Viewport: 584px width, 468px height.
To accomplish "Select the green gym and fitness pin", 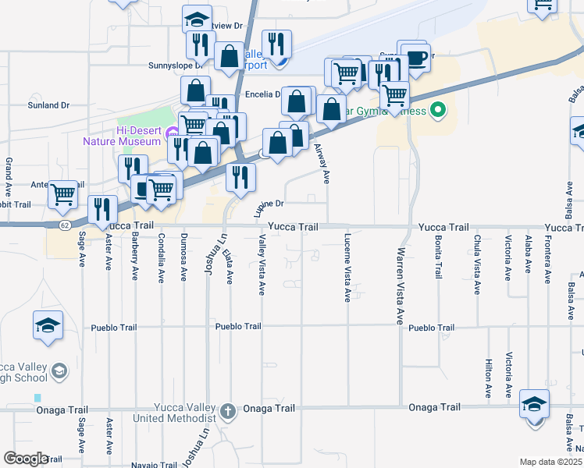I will pyautogui.click(x=437, y=110).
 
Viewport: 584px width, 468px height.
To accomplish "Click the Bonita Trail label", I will pyautogui.click(x=437, y=254).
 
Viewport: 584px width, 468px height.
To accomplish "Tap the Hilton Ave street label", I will pyautogui.click(x=488, y=379).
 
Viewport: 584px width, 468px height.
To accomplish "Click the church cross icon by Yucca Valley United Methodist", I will pyautogui.click(x=227, y=411).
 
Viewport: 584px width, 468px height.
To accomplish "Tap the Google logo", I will pyautogui.click(x=25, y=459).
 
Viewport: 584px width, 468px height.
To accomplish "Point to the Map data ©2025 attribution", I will pyautogui.click(x=550, y=462).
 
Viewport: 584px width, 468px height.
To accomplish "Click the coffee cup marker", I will pyautogui.click(x=416, y=56).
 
